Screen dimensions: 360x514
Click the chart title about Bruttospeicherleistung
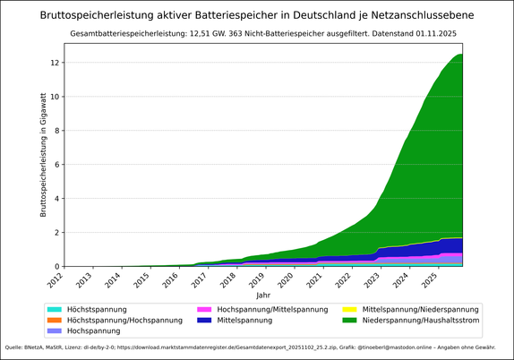coord(257,15)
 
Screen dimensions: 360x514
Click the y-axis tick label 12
coord(55,63)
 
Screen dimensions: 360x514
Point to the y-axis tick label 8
coord(57,131)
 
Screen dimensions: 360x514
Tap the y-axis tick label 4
coord(57,199)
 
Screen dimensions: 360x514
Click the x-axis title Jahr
coord(262,295)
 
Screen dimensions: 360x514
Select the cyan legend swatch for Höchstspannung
coord(55,309)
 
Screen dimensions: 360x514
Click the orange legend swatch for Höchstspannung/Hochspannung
coord(55,320)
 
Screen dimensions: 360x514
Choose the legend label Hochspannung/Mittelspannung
coord(272,309)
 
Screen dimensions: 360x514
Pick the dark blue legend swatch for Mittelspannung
coord(204,320)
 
